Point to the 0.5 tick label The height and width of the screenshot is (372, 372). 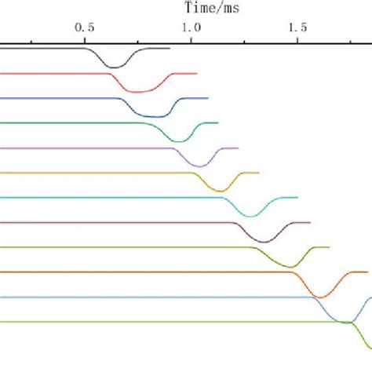85,26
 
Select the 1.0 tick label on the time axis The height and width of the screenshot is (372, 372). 191,26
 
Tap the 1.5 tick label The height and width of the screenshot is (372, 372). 297,26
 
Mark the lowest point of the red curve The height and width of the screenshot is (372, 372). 140,92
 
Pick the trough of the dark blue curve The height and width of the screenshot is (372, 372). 157,116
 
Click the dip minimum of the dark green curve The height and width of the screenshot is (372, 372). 180,141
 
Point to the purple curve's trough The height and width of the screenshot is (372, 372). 200,166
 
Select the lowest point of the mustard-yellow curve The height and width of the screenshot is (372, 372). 223,190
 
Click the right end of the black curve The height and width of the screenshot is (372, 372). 170,48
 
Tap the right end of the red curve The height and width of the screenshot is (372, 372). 196,73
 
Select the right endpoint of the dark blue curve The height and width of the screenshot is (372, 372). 208,98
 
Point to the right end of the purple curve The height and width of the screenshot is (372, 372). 238,148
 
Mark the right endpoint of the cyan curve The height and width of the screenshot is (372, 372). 297,197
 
